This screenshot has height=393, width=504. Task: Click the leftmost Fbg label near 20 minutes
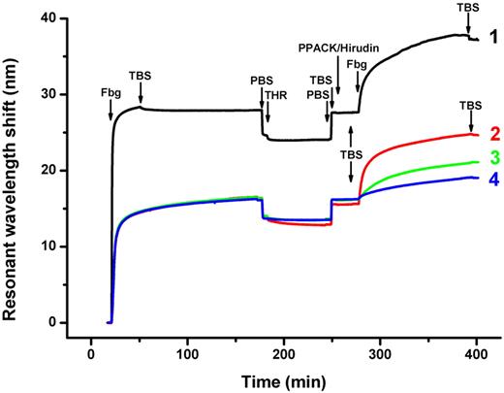click(x=110, y=94)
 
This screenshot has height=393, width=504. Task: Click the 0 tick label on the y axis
click(x=66, y=322)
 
